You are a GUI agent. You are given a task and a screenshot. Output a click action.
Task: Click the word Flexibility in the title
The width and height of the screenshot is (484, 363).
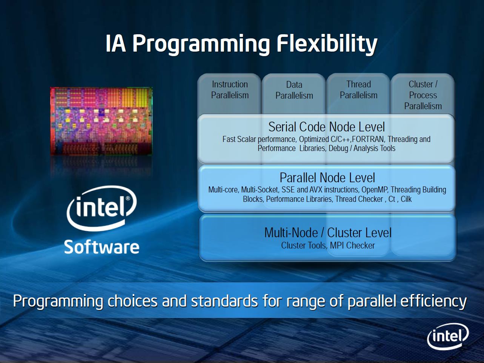(x=327, y=44)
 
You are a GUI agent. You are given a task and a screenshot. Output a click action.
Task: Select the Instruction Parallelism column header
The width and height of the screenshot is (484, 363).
(x=230, y=90)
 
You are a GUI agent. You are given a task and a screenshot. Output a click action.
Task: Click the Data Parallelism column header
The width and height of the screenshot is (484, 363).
(x=294, y=90)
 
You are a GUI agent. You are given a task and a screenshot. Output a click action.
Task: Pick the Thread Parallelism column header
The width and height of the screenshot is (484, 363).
(x=358, y=90)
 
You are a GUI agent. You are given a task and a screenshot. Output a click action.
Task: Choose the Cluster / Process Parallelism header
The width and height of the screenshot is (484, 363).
(x=423, y=95)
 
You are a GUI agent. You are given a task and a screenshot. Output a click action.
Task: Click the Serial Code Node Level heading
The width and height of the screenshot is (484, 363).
(x=327, y=127)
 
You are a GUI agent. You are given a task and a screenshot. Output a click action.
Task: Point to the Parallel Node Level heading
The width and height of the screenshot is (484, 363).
(x=327, y=177)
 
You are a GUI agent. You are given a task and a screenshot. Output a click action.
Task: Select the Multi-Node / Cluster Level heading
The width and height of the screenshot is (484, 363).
(x=328, y=233)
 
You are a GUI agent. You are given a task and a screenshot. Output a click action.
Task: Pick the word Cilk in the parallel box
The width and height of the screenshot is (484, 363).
(x=406, y=199)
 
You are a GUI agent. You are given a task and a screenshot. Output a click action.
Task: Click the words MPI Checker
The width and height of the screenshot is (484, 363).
(x=352, y=246)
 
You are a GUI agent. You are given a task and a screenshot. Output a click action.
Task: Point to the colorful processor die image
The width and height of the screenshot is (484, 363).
(x=101, y=121)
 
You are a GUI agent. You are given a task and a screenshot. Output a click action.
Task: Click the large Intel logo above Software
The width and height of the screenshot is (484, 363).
(x=101, y=208)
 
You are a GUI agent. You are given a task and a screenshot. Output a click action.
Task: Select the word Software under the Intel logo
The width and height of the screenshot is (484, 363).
(x=101, y=247)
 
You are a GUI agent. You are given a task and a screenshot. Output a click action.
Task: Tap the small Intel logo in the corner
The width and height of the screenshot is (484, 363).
(x=448, y=336)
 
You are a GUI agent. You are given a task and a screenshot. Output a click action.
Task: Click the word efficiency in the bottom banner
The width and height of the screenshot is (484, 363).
(x=433, y=301)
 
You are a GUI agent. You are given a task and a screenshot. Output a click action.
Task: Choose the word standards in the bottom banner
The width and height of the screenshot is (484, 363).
(x=224, y=301)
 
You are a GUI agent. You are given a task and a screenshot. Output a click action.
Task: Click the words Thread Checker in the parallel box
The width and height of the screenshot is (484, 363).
(x=359, y=199)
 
